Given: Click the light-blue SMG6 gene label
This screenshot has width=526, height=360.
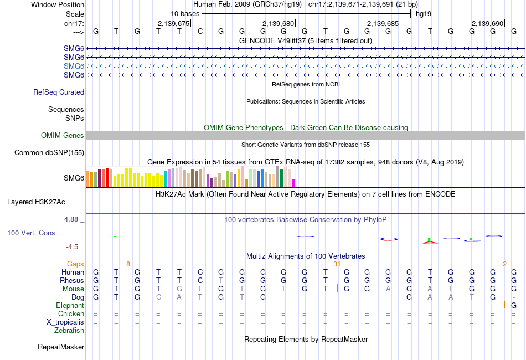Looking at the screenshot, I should click(x=74, y=66).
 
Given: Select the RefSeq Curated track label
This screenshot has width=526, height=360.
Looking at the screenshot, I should click(x=59, y=92).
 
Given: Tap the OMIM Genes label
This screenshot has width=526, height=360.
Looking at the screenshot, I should click(x=63, y=136).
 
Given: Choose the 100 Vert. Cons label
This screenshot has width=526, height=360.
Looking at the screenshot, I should click(x=31, y=233).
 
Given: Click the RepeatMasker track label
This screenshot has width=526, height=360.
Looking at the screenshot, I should click(x=61, y=347).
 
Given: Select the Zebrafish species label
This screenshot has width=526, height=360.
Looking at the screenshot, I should click(x=69, y=331).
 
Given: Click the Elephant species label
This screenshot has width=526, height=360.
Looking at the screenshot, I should click(x=70, y=306).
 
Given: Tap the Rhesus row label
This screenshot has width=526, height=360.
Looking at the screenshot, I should click(x=72, y=281).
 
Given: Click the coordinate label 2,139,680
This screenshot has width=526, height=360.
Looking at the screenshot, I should click(x=278, y=24).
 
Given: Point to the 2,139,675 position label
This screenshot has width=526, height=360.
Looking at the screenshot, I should click(x=173, y=24).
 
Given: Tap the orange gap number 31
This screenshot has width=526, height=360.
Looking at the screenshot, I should click(x=336, y=264).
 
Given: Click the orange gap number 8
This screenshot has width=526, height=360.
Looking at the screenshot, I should click(x=128, y=264).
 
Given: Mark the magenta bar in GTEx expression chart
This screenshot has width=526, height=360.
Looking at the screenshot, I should click(x=293, y=183).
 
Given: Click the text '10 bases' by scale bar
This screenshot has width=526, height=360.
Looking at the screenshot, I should click(x=185, y=13).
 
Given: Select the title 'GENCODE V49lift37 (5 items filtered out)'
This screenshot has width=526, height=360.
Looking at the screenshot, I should click(x=305, y=41).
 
